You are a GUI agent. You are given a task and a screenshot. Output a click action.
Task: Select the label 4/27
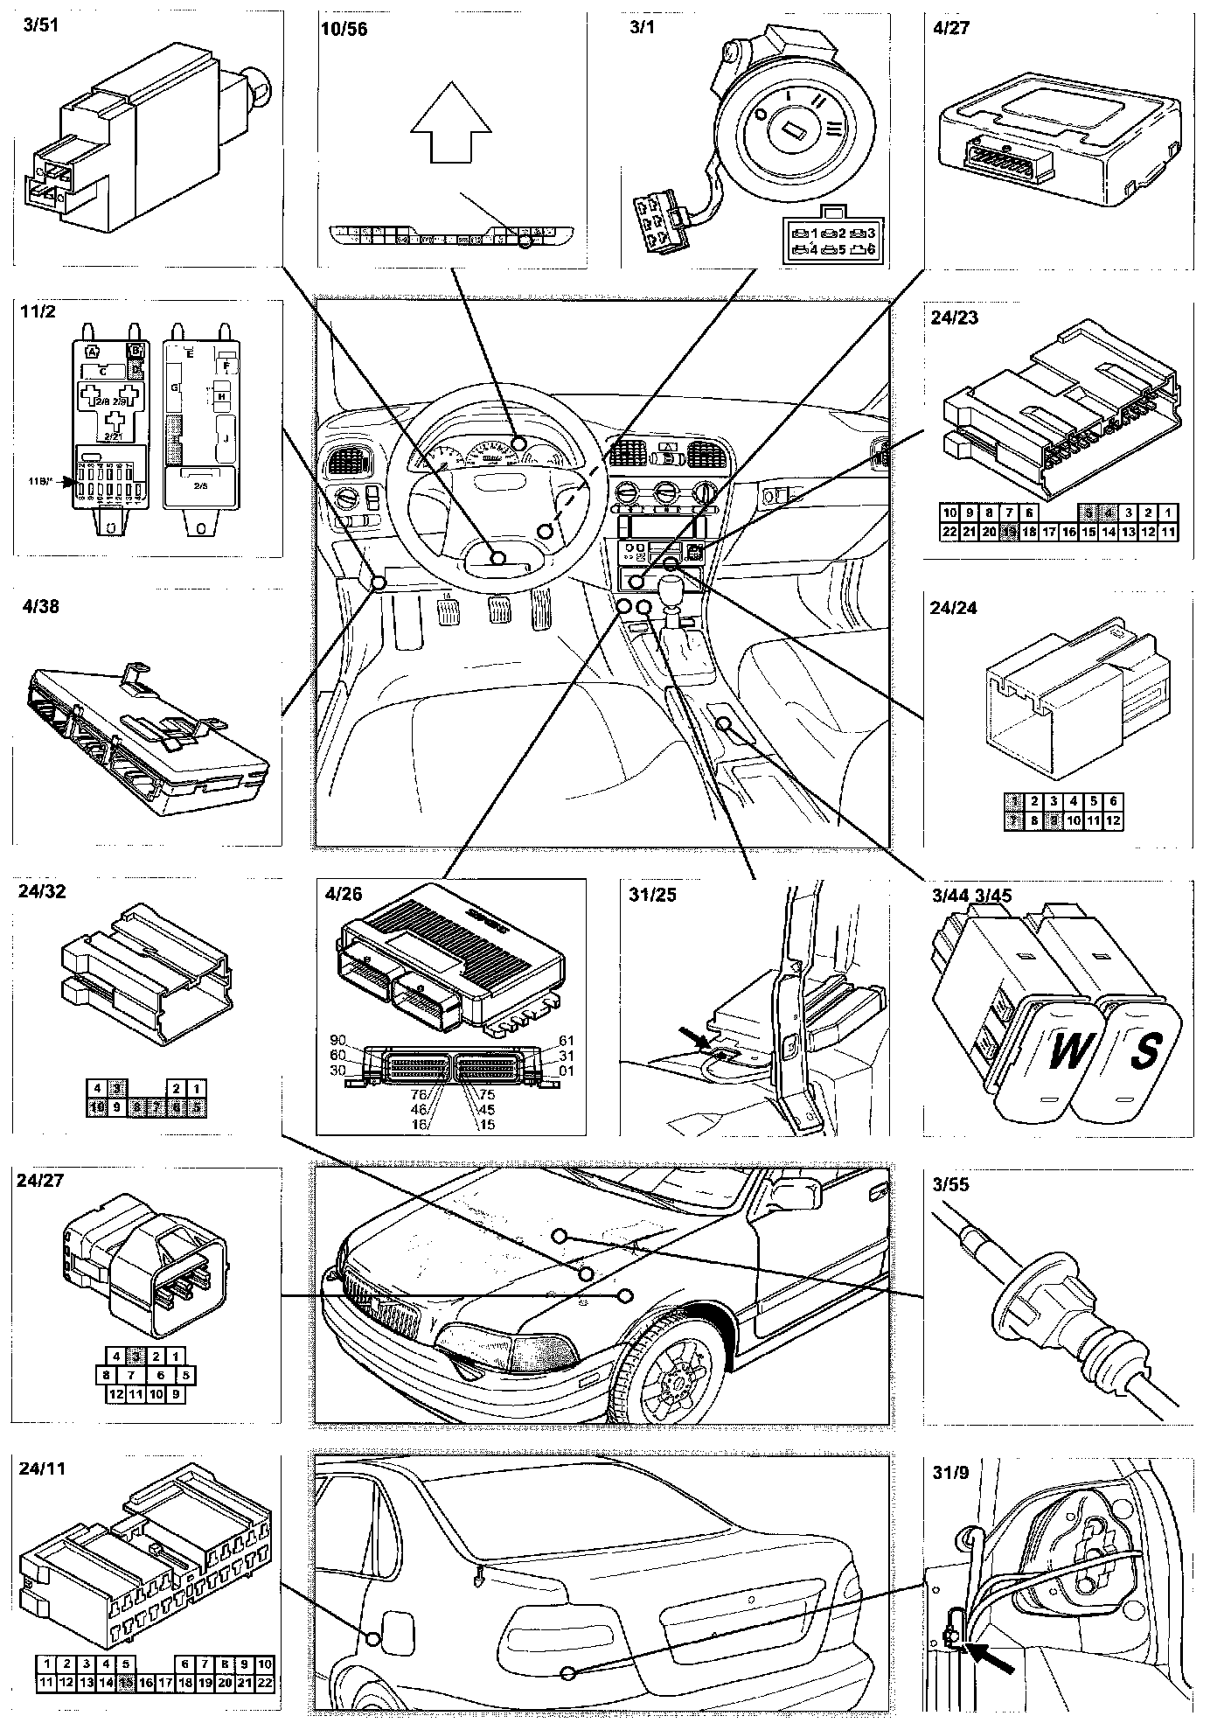951,27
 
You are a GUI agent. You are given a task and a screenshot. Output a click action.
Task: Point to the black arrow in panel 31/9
991,1656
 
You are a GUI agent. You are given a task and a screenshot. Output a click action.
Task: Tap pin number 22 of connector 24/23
949,532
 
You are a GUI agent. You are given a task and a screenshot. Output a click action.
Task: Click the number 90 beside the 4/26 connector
338,1040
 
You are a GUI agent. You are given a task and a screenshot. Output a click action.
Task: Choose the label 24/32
41,892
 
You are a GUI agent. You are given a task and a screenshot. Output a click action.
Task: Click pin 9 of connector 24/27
177,1394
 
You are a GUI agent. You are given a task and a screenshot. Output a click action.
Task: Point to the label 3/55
950,1185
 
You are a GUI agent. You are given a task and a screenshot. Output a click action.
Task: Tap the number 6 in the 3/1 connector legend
869,249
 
